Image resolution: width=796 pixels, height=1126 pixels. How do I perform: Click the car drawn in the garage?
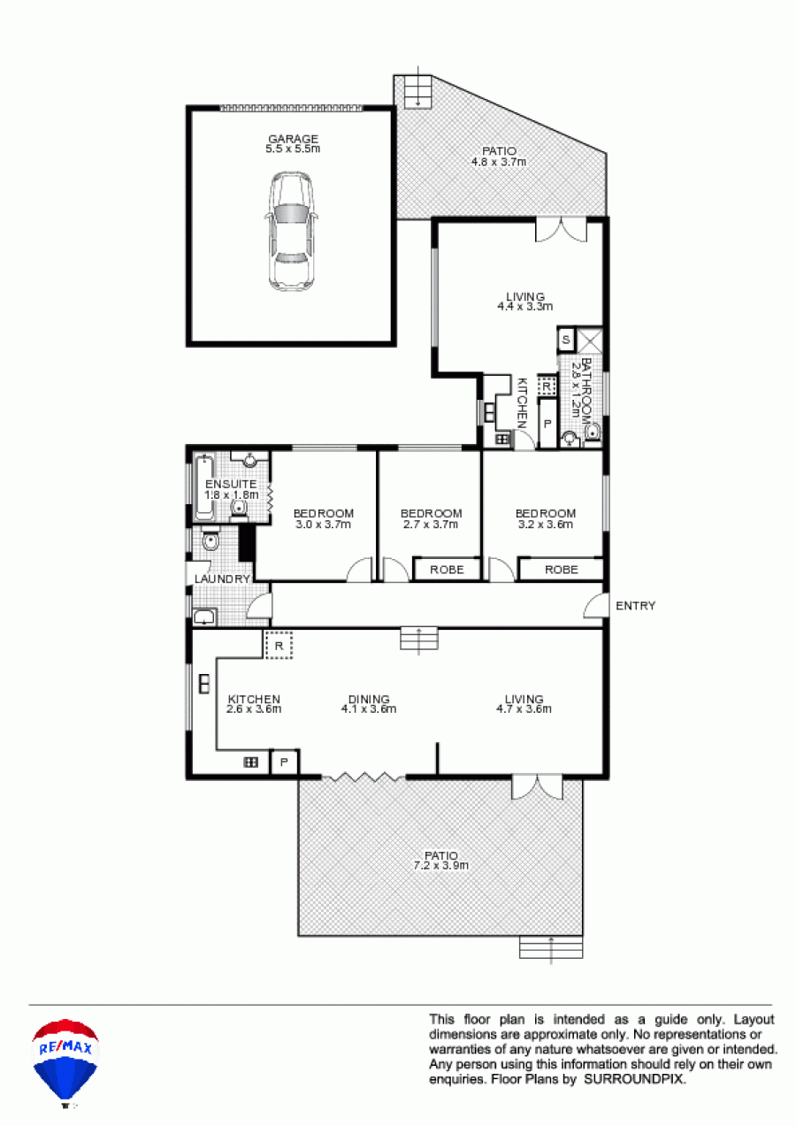pos(292,231)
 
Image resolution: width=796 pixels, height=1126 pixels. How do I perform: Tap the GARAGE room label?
pos(293,139)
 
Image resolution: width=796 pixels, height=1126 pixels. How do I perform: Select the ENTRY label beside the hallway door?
pos(636,606)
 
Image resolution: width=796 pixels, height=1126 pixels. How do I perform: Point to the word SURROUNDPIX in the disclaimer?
pos(634,1079)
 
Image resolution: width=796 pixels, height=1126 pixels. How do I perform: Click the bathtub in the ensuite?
pos(204,486)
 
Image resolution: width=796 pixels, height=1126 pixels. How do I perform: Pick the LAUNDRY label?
pos(222,579)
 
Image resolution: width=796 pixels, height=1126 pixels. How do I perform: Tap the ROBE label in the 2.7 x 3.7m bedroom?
pos(447,570)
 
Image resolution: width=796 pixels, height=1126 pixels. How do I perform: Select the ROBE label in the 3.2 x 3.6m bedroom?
pos(562,570)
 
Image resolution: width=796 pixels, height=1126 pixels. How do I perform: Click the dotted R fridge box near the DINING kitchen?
pos(279,646)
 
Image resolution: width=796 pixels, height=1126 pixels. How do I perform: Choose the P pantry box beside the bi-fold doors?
pos(284,762)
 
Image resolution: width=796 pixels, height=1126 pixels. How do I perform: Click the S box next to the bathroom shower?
pos(566,340)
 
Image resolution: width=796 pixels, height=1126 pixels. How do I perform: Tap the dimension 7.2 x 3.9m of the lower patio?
pos(441,865)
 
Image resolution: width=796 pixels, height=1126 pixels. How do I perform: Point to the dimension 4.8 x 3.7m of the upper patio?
pos(499,162)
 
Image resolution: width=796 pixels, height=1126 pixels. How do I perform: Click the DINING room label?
pos(369,699)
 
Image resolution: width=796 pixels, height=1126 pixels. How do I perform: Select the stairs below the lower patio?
pos(551,947)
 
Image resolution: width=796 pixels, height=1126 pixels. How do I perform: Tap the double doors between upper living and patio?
pos(561,230)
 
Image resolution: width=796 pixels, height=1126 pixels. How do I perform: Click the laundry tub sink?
pos(204,617)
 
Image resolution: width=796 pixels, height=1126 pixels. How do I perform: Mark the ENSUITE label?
pos(231,484)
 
